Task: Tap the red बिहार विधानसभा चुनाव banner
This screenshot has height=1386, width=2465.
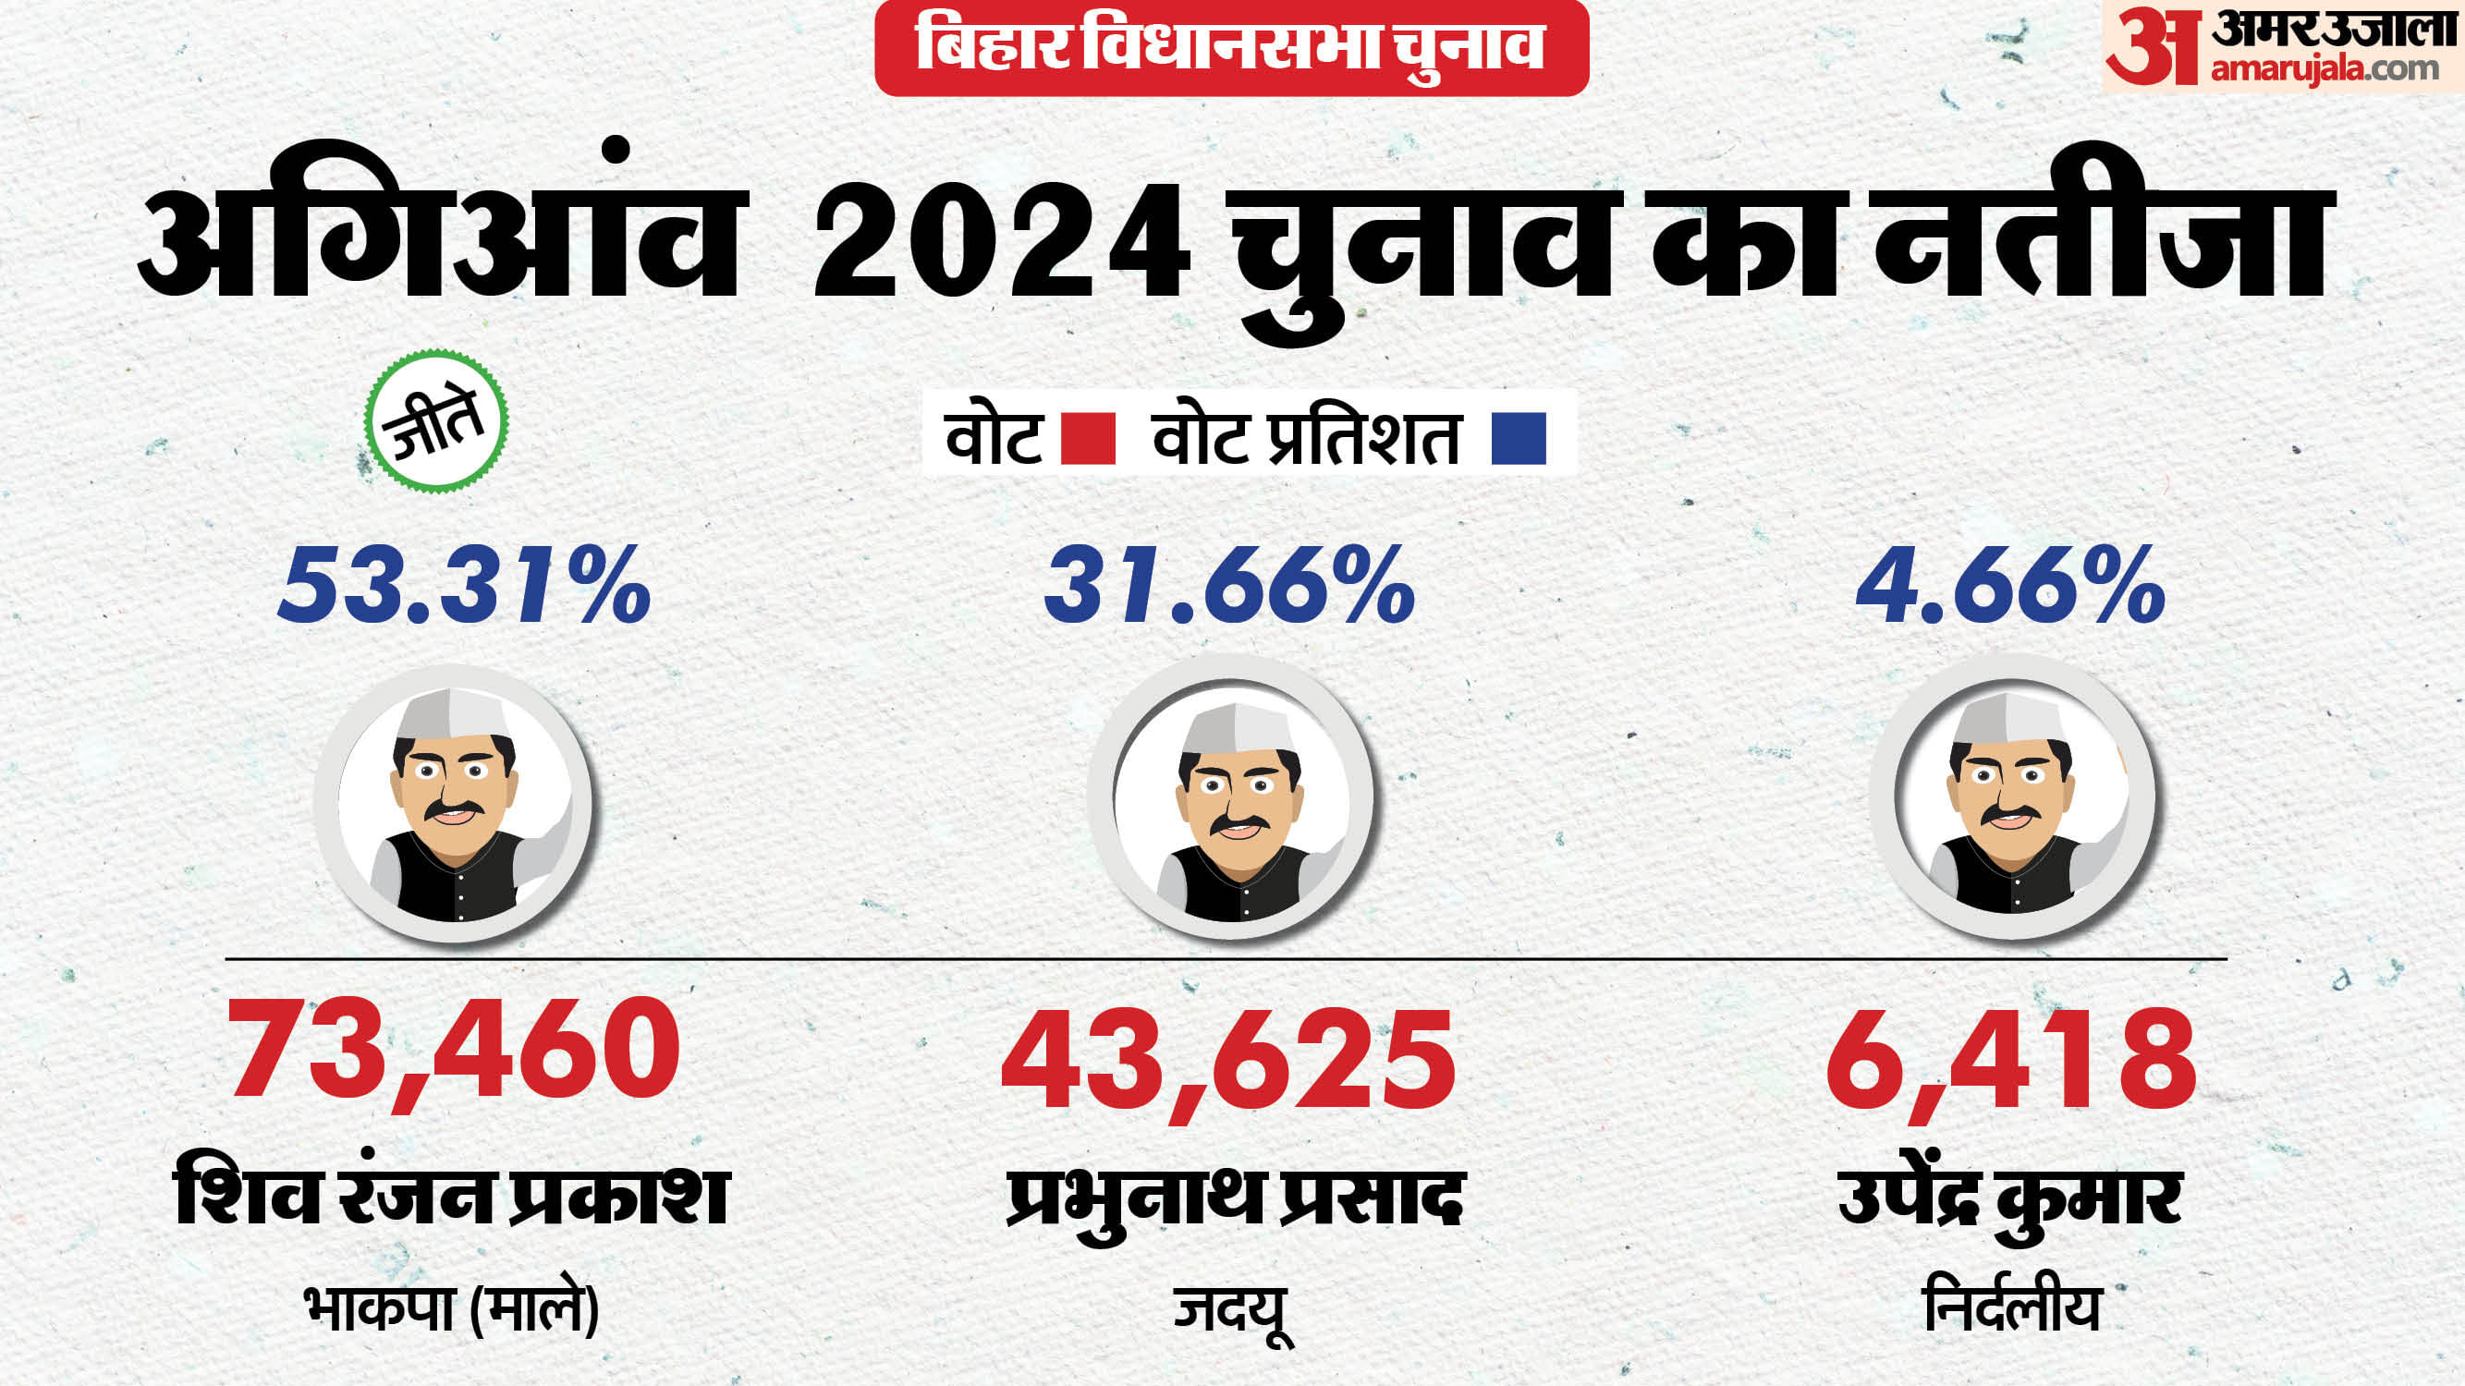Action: (1230, 48)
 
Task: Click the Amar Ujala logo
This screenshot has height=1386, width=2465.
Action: (2282, 48)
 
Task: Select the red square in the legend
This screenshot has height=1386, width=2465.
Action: (1088, 439)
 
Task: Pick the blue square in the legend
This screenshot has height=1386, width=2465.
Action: (1519, 439)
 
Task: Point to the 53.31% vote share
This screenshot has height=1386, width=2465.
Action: (464, 586)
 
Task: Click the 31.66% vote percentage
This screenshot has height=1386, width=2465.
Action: (1228, 586)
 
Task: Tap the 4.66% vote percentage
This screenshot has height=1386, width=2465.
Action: (2010, 586)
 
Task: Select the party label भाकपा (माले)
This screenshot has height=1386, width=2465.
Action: (452, 1308)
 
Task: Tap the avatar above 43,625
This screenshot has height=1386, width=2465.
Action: (1230, 796)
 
